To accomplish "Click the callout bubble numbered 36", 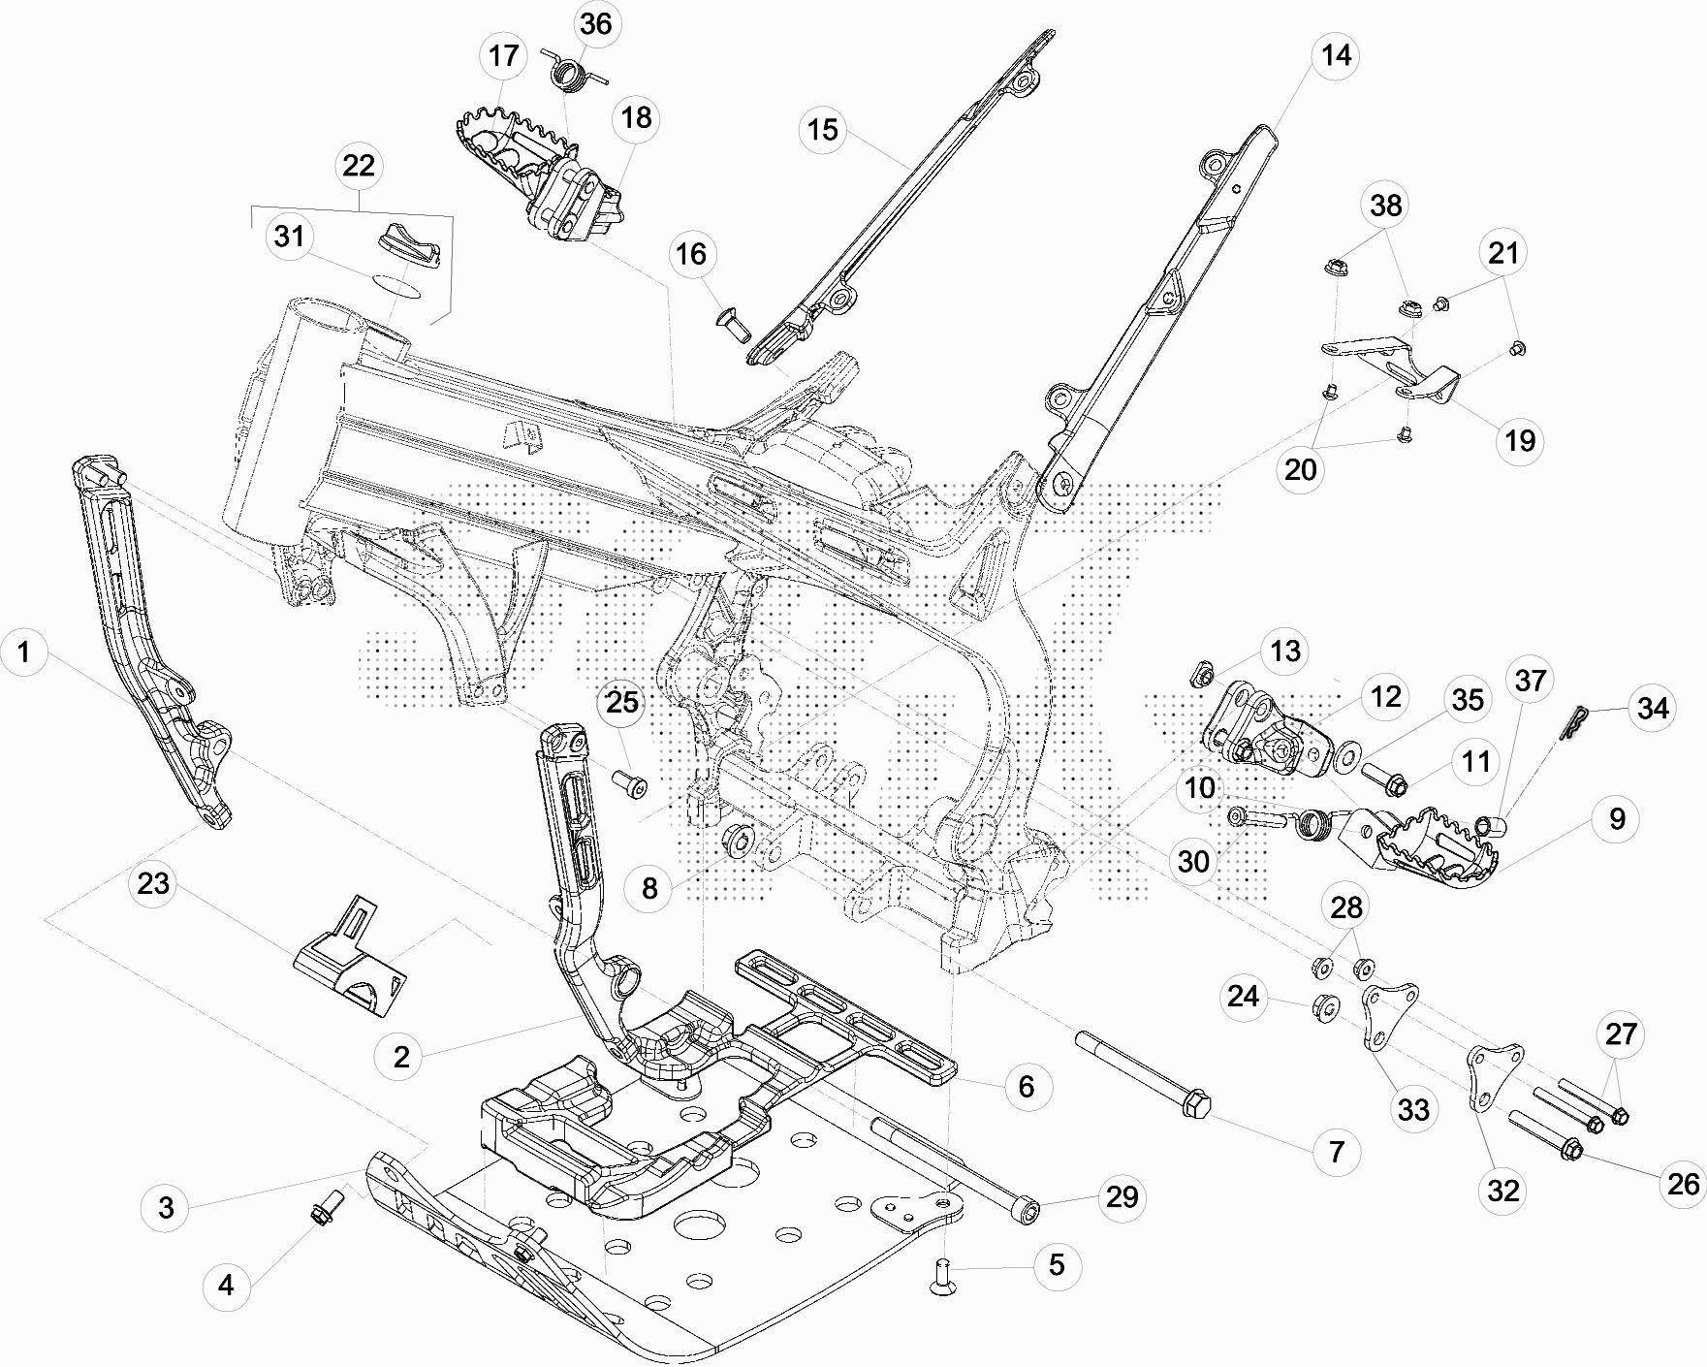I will [595, 23].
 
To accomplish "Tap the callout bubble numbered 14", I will [1336, 55].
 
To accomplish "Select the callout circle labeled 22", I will [359, 166].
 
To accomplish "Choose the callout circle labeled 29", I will [1122, 1197].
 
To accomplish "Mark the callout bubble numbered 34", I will [1653, 709].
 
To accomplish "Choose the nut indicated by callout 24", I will [1325, 1008].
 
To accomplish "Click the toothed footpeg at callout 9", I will [1439, 842].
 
